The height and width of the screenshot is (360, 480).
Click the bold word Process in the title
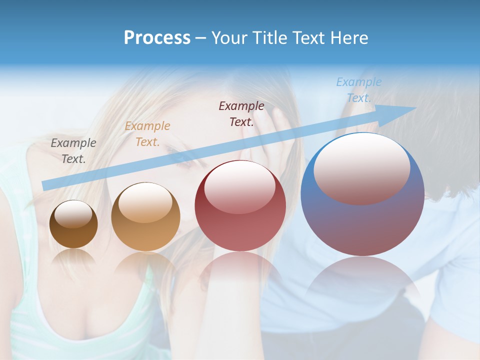point(157,38)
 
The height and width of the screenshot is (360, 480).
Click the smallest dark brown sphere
point(73,224)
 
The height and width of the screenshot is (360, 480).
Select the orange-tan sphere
point(145,217)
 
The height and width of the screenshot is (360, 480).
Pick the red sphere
point(240,206)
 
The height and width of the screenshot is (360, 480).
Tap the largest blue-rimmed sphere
point(362,194)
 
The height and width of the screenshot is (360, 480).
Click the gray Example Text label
point(73,151)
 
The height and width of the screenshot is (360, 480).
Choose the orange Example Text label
point(147,134)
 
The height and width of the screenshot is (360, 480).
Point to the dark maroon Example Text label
point(241,113)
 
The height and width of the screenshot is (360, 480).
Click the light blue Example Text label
point(359,90)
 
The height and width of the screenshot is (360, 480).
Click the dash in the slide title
point(200,38)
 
